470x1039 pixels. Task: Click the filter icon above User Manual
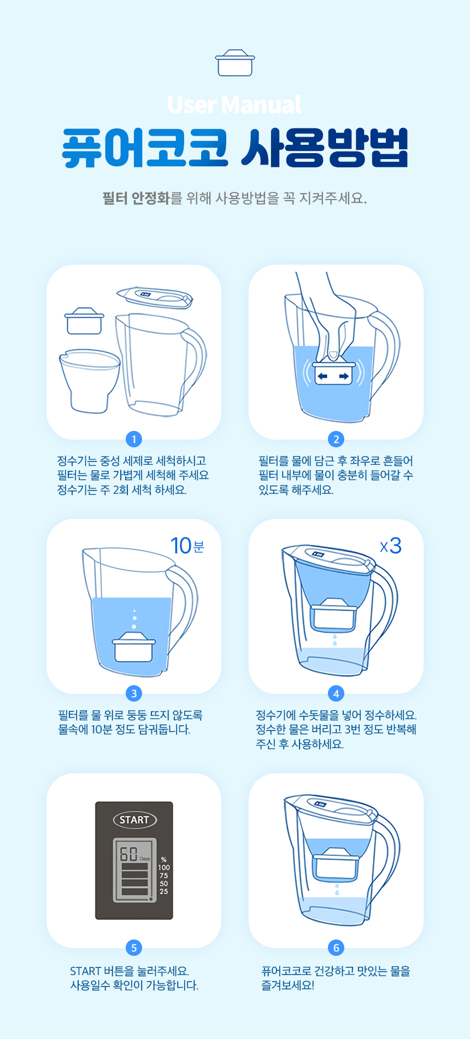click(x=235, y=63)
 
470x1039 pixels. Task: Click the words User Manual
click(x=234, y=104)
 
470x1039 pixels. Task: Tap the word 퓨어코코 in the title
click(x=145, y=148)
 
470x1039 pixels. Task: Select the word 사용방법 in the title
click(x=325, y=148)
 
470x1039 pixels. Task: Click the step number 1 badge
click(x=134, y=439)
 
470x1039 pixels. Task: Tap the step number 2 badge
click(x=336, y=439)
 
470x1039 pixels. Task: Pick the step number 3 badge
click(x=134, y=693)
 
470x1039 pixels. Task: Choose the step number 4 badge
click(x=336, y=693)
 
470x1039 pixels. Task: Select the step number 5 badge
click(x=134, y=948)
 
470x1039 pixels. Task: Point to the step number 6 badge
click(x=336, y=948)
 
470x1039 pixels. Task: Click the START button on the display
click(x=134, y=820)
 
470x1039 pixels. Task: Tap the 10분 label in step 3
click(x=187, y=546)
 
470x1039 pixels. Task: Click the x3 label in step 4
click(x=391, y=546)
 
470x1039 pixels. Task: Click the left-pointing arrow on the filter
click(x=322, y=376)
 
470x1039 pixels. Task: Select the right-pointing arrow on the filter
click(x=344, y=376)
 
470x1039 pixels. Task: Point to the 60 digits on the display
click(x=128, y=854)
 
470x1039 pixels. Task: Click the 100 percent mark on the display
click(x=164, y=867)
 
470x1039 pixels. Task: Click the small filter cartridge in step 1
click(x=84, y=321)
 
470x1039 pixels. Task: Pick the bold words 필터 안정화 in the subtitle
click(x=136, y=198)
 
